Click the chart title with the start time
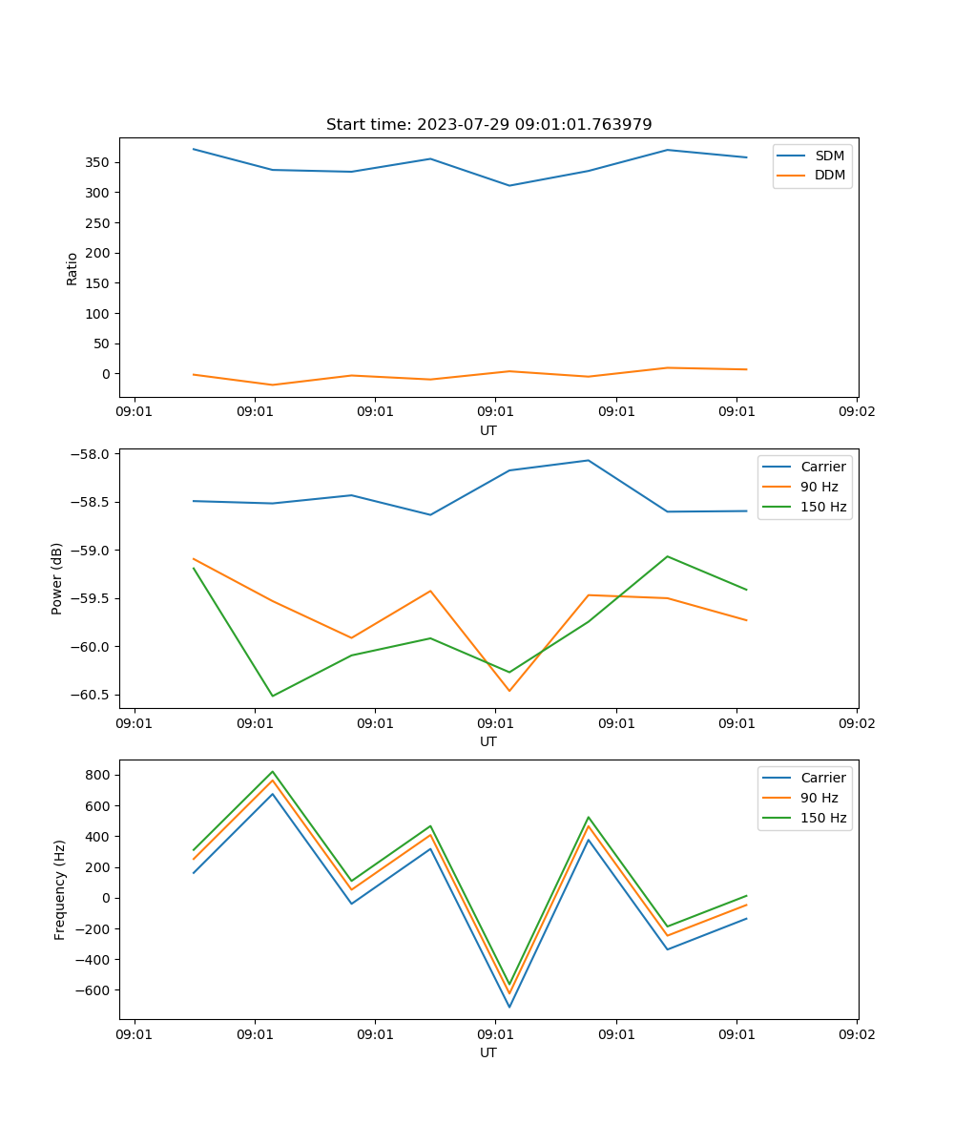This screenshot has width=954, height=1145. coord(488,125)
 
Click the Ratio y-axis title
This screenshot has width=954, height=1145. coord(73,268)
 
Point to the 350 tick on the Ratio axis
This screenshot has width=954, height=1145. coord(98,162)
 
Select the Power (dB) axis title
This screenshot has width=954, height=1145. coord(58,578)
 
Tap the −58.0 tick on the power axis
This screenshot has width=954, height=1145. coord(92,454)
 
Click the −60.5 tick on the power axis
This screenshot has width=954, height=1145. coord(92,696)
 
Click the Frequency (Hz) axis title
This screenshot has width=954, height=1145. coord(60,889)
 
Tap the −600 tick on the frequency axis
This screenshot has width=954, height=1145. coord(93,990)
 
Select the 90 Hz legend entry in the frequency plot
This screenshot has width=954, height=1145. coord(819,798)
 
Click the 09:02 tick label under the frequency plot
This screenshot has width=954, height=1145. coord(856,1034)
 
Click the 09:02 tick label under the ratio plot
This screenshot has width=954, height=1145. coord(856,412)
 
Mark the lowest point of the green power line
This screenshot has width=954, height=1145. coord(273,696)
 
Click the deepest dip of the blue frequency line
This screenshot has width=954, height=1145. coord(509,1007)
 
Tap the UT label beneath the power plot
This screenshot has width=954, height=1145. coord(488,741)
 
